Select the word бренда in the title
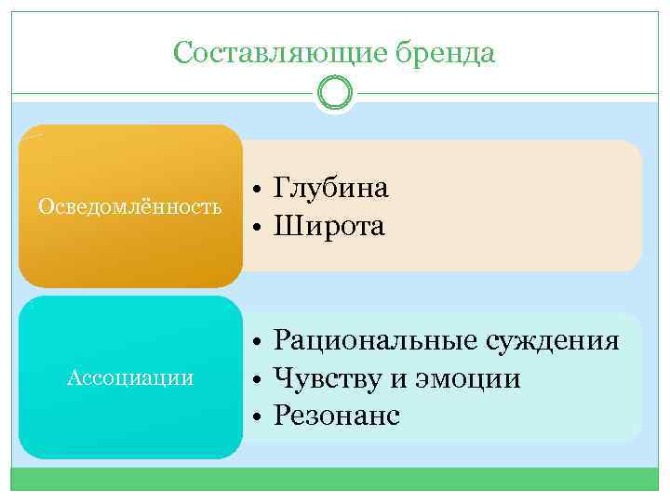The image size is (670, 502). [x=444, y=54]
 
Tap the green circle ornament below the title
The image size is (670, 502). [x=335, y=93]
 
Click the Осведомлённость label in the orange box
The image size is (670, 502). [x=129, y=206]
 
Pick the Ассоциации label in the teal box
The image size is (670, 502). [x=130, y=377]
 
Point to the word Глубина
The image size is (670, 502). [x=331, y=189]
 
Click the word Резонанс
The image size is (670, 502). [x=337, y=416]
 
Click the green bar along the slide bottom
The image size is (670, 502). [x=335, y=479]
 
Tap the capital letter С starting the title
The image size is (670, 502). [x=182, y=54]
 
